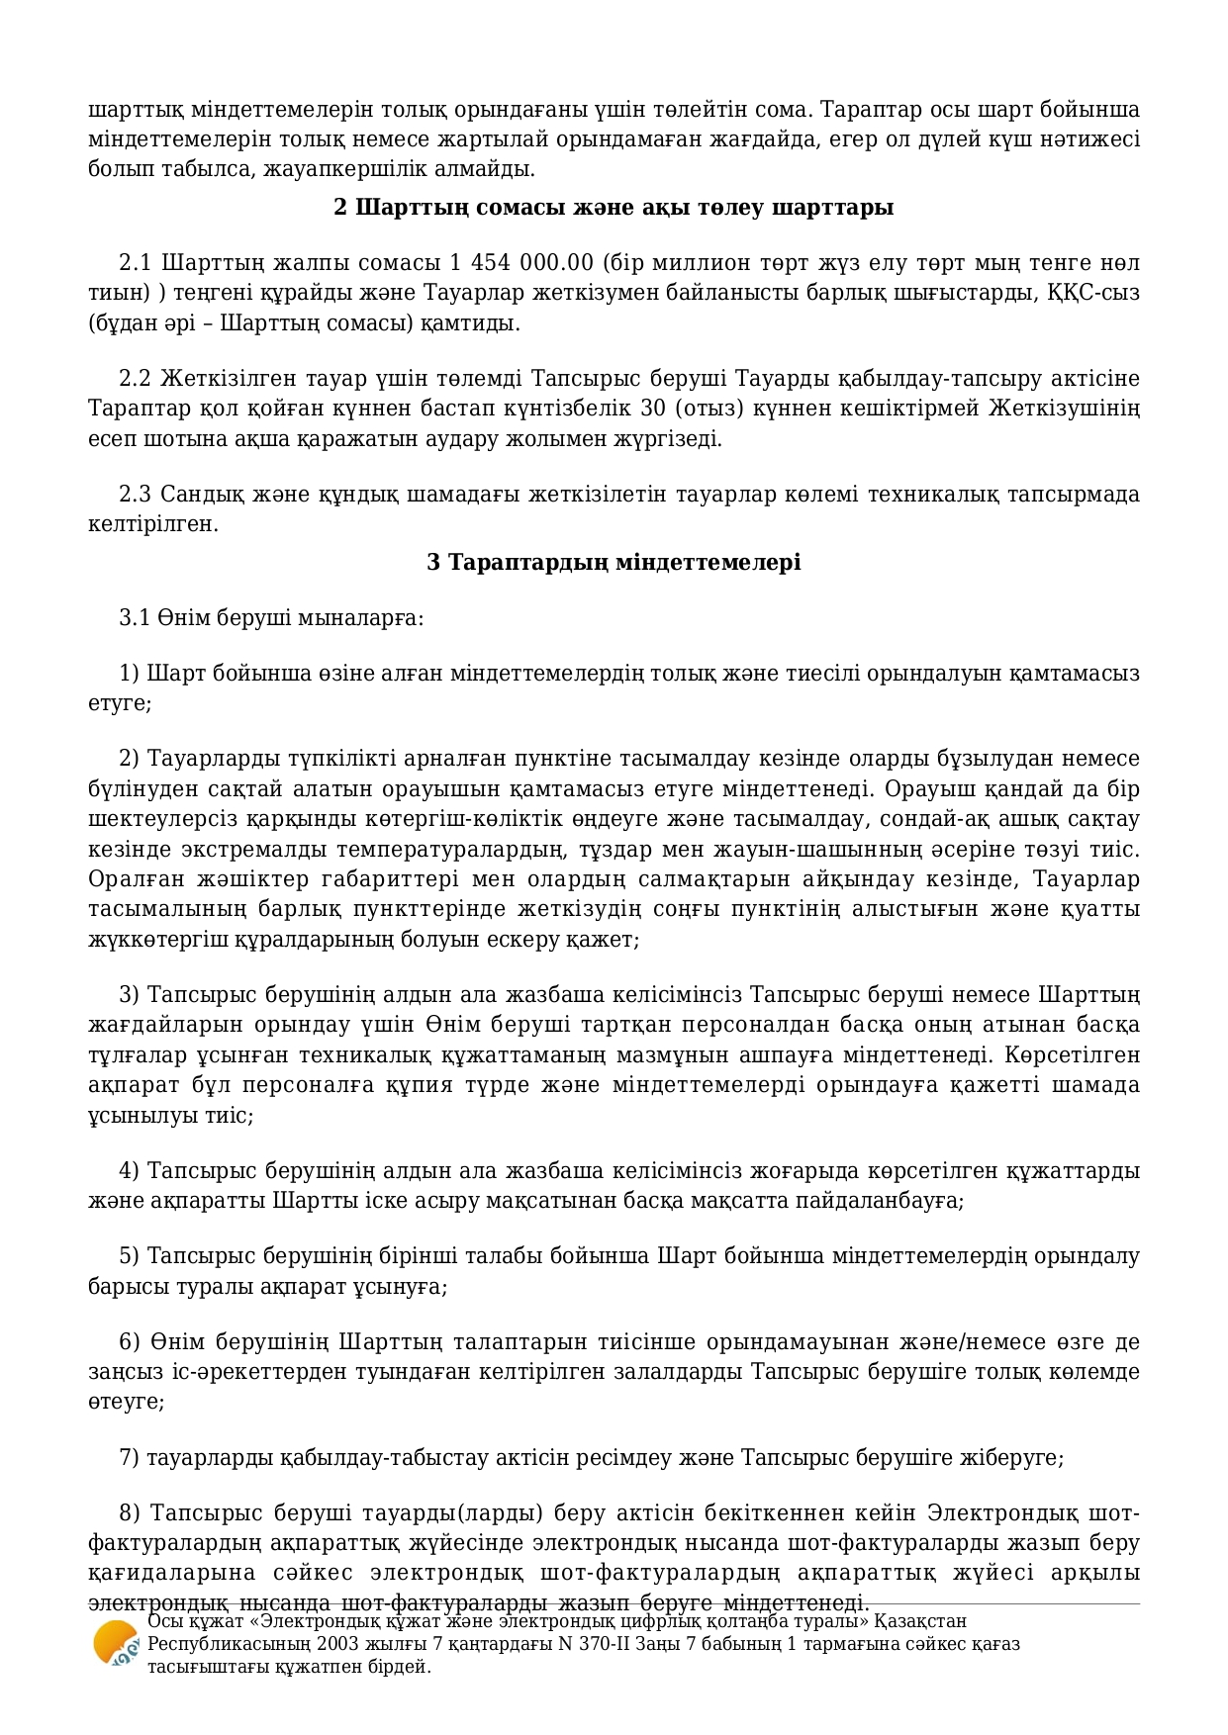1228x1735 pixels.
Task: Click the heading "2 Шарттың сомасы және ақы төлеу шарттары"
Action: [x=614, y=208]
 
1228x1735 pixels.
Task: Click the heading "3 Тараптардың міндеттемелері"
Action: [x=614, y=563]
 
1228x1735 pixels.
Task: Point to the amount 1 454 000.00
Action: [x=521, y=263]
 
